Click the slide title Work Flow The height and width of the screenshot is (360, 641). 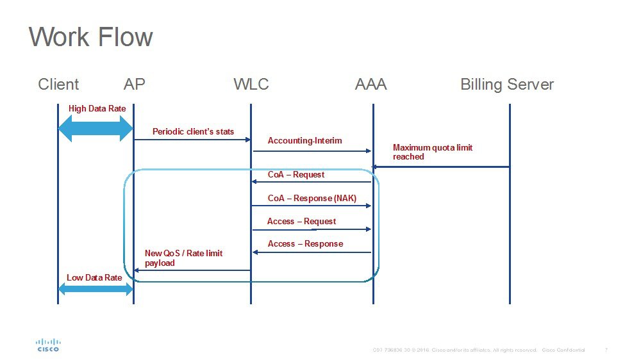click(91, 37)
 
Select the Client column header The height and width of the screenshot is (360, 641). click(58, 85)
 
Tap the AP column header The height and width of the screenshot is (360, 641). click(135, 85)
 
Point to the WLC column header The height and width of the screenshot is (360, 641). click(251, 85)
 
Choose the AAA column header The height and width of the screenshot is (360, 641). click(371, 85)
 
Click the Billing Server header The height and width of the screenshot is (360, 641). click(507, 85)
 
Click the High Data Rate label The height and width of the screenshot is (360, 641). click(97, 109)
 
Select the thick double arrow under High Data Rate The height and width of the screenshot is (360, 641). click(96, 129)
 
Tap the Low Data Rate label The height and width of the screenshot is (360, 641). click(94, 278)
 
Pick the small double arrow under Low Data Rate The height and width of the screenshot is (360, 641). click(96, 290)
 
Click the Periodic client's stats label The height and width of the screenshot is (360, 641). click(193, 132)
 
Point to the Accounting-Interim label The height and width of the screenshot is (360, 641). click(304, 141)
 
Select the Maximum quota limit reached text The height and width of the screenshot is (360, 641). click(433, 152)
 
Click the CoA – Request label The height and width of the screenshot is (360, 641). click(296, 175)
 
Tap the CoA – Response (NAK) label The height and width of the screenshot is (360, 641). click(312, 199)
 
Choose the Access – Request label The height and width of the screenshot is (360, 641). click(301, 222)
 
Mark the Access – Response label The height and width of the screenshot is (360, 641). click(305, 244)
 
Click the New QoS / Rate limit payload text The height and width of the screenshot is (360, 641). click(183, 258)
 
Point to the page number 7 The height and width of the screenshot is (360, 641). click(606, 350)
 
